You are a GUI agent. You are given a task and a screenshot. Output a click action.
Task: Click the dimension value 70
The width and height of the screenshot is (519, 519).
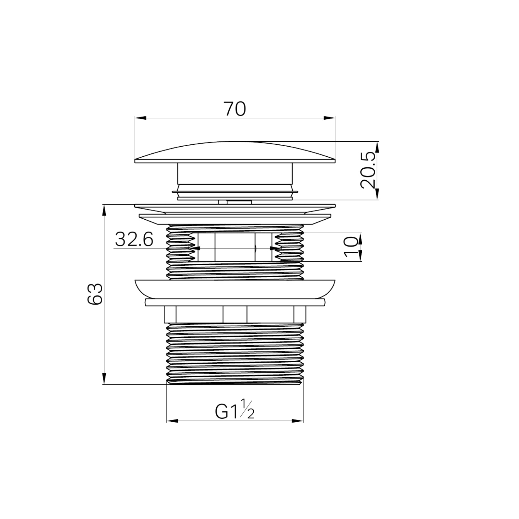(235, 109)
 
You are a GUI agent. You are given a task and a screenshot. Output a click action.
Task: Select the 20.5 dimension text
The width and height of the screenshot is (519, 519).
(368, 171)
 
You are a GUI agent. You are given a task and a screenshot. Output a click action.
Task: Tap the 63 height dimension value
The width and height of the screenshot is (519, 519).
(95, 294)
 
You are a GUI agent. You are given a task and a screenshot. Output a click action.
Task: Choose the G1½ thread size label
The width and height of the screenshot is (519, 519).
(235, 411)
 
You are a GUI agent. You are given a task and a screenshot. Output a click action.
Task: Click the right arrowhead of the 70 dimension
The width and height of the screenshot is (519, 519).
(330, 118)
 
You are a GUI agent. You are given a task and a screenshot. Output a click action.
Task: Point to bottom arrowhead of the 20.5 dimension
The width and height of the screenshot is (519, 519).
(377, 194)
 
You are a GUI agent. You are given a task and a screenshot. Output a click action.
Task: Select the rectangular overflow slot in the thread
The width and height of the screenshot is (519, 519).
(235, 247)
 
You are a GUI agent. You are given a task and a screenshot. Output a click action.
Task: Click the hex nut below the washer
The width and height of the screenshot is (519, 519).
(235, 314)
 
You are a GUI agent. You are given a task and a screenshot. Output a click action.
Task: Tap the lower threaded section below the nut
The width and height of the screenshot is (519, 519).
(235, 354)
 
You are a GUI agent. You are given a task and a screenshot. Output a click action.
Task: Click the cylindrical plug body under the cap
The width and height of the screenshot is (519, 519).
(235, 174)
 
